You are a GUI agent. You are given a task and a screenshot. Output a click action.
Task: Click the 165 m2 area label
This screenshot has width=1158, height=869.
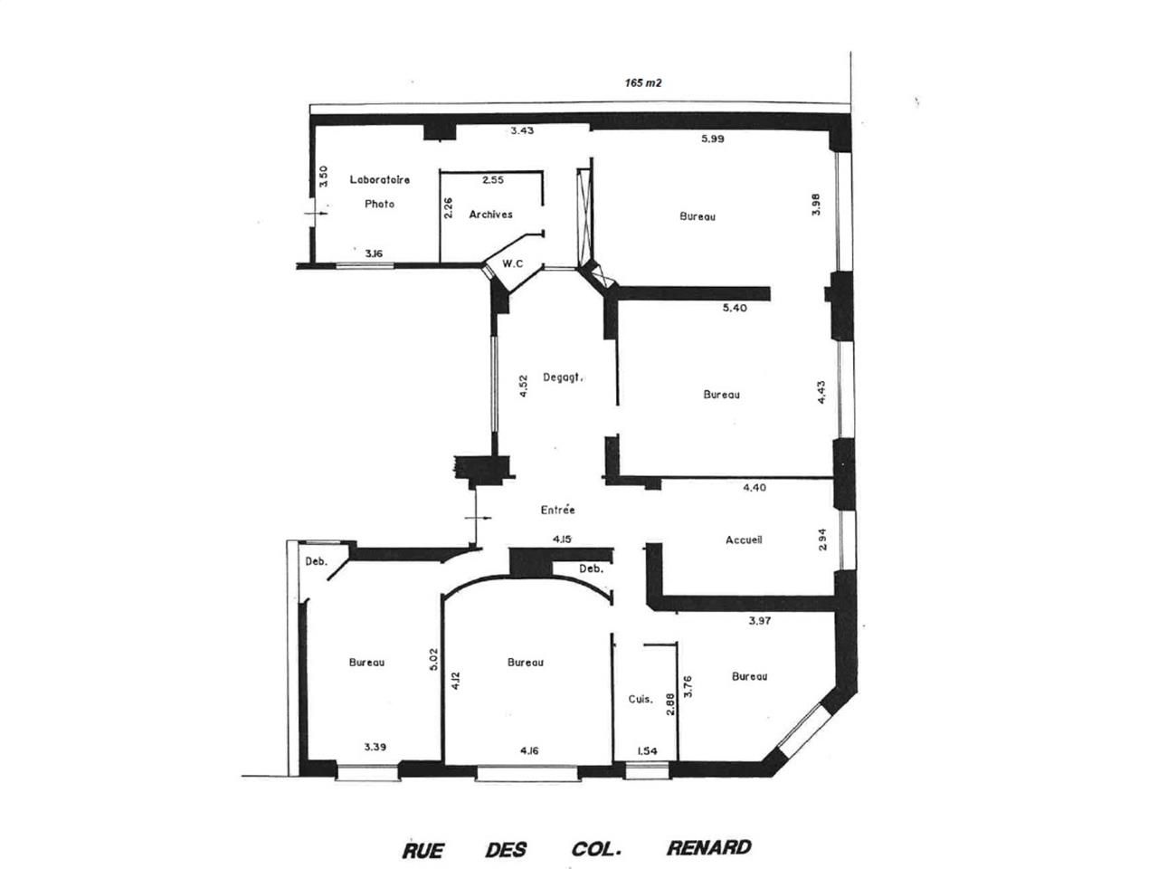click(642, 83)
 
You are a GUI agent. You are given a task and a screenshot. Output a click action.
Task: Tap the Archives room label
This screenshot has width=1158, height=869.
click(490, 215)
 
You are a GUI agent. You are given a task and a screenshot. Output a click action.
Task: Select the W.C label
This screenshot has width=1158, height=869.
click(512, 263)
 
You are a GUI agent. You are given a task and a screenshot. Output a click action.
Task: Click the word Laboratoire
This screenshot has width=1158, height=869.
click(379, 179)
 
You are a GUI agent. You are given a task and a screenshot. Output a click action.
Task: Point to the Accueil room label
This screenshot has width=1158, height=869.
click(744, 540)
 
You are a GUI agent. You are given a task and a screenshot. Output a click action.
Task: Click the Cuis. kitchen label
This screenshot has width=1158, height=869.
click(641, 699)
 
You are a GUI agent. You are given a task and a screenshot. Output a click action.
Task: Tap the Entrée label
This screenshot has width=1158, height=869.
click(557, 509)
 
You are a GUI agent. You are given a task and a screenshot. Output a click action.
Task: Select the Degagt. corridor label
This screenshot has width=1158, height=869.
click(563, 377)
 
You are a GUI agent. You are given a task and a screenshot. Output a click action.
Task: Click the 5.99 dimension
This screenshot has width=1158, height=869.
click(712, 138)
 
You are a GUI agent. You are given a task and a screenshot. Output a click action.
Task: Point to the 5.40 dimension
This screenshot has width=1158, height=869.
click(735, 308)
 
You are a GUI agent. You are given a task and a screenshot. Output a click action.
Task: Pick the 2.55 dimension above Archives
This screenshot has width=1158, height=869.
click(493, 180)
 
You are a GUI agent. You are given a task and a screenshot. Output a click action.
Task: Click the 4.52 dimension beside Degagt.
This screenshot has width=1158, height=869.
click(523, 387)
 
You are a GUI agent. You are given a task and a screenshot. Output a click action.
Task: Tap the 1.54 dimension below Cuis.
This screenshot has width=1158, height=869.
click(647, 750)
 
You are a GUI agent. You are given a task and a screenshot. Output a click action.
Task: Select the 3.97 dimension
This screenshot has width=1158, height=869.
click(760, 620)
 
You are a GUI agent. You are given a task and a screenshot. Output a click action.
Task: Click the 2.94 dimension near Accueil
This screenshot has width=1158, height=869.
click(822, 540)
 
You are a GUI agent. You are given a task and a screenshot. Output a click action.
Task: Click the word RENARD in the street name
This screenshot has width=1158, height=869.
click(708, 847)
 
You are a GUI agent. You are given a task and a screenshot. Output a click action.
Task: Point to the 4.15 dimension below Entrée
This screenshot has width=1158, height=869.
click(562, 540)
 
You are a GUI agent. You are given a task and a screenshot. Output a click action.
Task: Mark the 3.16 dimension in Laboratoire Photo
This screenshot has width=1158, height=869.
click(374, 253)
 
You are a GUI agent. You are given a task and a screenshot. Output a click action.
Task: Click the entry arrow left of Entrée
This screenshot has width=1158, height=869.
click(477, 518)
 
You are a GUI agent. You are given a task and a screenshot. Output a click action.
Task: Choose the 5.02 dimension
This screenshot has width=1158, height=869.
click(433, 659)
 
